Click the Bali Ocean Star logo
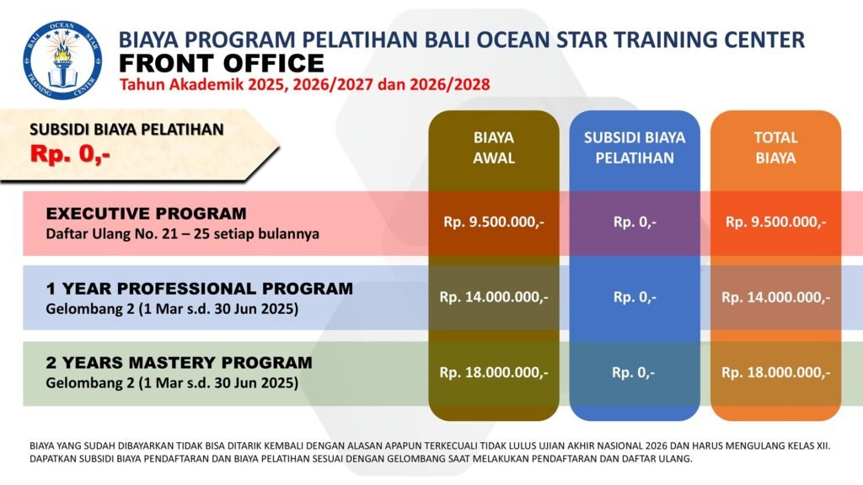[x=62, y=60]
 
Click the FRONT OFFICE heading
[x=222, y=63]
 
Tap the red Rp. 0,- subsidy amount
[x=71, y=154]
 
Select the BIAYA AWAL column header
[x=494, y=147]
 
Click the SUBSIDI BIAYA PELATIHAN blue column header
[x=635, y=147]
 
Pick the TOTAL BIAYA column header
[x=775, y=147]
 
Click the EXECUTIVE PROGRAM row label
[x=147, y=213]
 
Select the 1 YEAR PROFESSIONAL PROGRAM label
[x=199, y=288]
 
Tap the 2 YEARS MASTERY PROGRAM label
[x=179, y=363]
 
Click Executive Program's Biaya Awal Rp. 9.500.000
[x=494, y=222]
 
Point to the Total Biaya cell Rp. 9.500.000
[x=775, y=222]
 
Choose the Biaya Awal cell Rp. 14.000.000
[x=494, y=297]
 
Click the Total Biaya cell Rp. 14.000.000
[x=775, y=297]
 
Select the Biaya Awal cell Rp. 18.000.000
[x=494, y=372]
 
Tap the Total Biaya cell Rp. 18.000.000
[x=775, y=372]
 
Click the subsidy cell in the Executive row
[x=635, y=222]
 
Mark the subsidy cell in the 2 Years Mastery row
[x=634, y=372]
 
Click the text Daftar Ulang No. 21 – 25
[x=130, y=234]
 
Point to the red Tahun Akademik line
[x=305, y=85]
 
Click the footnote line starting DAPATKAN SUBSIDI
[x=361, y=458]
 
